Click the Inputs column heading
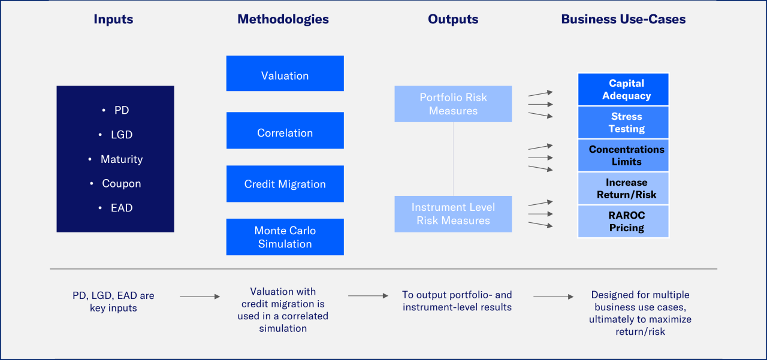click(x=113, y=19)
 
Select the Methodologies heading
click(x=283, y=19)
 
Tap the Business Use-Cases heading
click(x=623, y=19)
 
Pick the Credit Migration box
click(x=285, y=184)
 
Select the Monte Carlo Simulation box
click(x=285, y=237)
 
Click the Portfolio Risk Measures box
click(x=453, y=104)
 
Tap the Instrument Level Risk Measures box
click(x=453, y=214)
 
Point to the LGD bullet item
click(x=122, y=135)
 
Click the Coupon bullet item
click(x=121, y=184)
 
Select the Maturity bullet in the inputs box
click(x=121, y=159)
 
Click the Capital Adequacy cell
click(x=623, y=90)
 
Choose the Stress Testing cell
click(x=623, y=123)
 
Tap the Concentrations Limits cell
click(x=623, y=156)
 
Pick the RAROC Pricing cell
click(x=623, y=222)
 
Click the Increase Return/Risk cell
click(x=623, y=189)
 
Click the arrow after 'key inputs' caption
click(x=200, y=297)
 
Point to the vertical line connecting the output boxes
click(x=453, y=159)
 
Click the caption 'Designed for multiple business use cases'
click(x=640, y=313)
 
